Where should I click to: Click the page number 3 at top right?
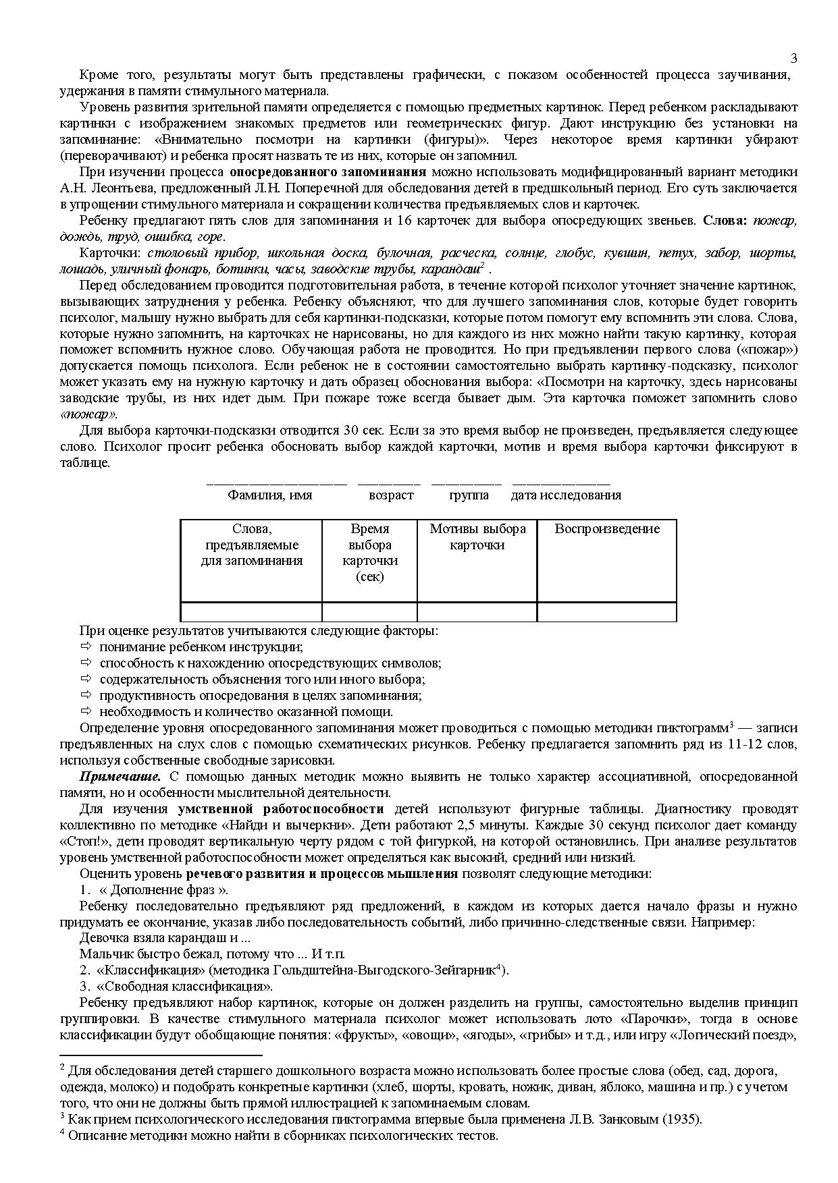pos(793,58)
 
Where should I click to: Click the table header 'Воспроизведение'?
pos(606,528)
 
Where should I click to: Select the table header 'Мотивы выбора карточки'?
pos(477,537)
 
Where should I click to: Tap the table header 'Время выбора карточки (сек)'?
pos(369,552)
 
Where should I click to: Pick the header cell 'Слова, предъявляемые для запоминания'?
pos(251,545)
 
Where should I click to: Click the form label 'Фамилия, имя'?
pos(269,495)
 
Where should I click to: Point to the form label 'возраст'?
pos(390,495)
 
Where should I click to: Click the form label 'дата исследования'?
pos(565,495)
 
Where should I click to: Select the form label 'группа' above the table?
pos(469,495)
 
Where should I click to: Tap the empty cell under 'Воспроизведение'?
pos(606,612)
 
